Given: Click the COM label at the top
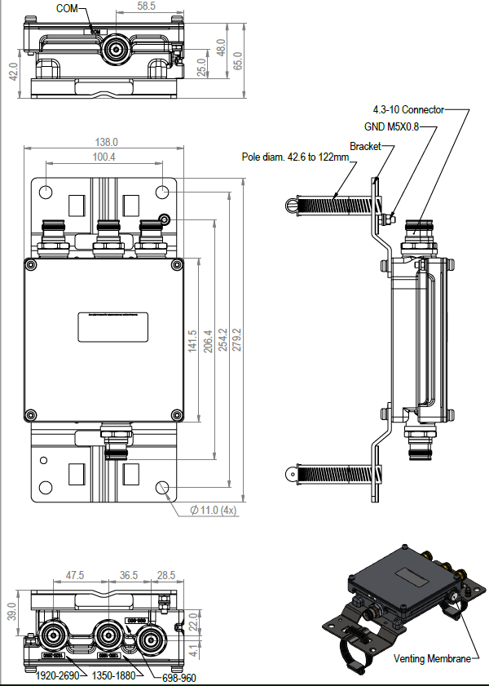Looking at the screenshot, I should (68, 7).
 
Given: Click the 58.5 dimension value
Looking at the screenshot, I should (147, 7).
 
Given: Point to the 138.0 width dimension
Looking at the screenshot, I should (106, 142).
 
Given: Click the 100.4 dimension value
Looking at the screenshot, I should (104, 157).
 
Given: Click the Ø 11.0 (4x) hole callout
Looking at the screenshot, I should (213, 510).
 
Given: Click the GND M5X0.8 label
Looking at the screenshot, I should (391, 127).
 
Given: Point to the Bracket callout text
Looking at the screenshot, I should (365, 146).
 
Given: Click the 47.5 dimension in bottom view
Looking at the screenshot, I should (75, 575).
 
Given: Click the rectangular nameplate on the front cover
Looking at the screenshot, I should (112, 326).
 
